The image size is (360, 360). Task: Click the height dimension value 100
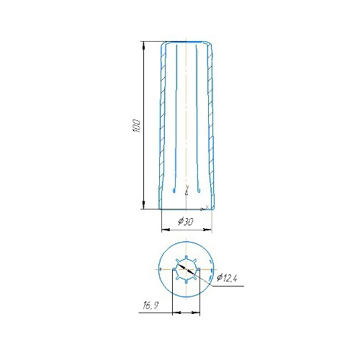pos(136,125)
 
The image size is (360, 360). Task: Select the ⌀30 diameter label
pos(186,222)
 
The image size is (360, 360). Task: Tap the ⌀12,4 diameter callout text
pos(227,278)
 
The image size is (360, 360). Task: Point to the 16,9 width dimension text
pos(150,305)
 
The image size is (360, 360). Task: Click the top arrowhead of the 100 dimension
pos(143,45)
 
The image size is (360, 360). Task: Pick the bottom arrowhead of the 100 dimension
pos(143,205)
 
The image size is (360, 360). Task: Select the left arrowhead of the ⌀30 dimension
pos(166,230)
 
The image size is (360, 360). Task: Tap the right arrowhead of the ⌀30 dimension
pos(207,230)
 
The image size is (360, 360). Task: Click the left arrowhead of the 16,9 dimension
pos(176,312)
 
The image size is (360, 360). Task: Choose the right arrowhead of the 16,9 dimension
pos(196,312)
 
